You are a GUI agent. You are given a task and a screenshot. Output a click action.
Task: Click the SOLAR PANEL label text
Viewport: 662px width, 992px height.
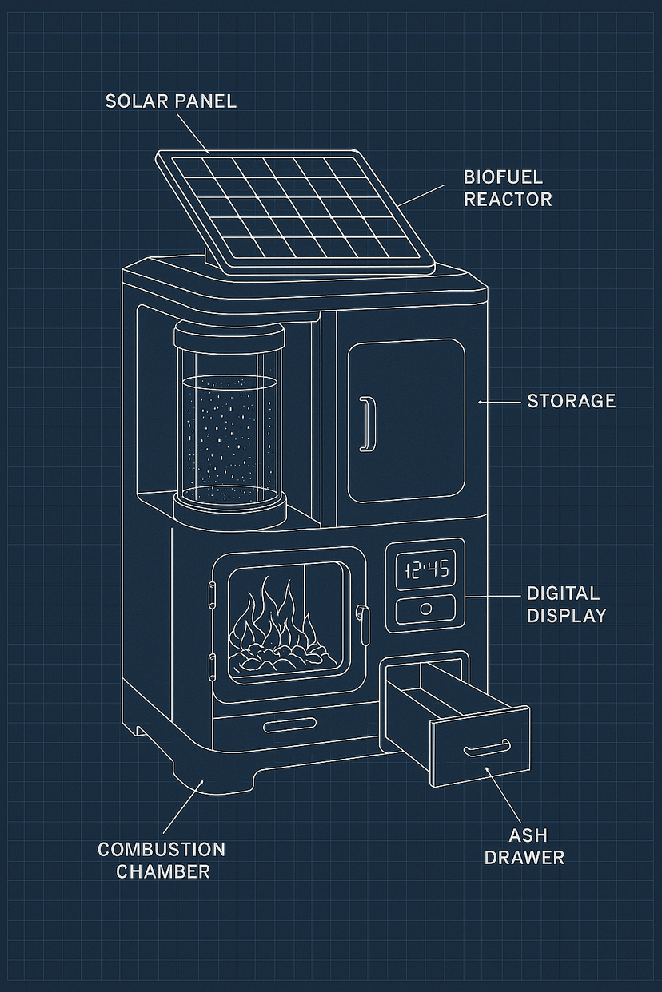tap(170, 101)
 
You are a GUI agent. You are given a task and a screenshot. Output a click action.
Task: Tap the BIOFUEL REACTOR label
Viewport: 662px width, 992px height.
tap(508, 188)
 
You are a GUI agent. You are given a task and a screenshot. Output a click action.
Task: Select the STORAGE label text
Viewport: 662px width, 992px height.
tap(571, 401)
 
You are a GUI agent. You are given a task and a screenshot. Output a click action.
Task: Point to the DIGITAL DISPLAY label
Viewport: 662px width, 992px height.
tap(566, 605)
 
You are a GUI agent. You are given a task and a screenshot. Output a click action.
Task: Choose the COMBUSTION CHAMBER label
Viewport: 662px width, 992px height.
tap(162, 860)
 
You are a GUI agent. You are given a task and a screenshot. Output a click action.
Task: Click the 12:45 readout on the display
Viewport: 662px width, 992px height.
tap(426, 570)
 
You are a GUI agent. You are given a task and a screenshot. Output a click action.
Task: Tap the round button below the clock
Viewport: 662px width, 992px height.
tap(426, 609)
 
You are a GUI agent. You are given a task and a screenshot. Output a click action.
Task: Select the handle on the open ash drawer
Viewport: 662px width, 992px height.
tap(486, 748)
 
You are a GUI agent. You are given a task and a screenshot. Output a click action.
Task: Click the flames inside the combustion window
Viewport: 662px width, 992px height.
tap(272, 615)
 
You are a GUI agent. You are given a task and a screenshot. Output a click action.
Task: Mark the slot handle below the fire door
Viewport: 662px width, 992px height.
tap(289, 726)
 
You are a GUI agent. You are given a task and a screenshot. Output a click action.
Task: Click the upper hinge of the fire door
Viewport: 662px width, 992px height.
tap(213, 595)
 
